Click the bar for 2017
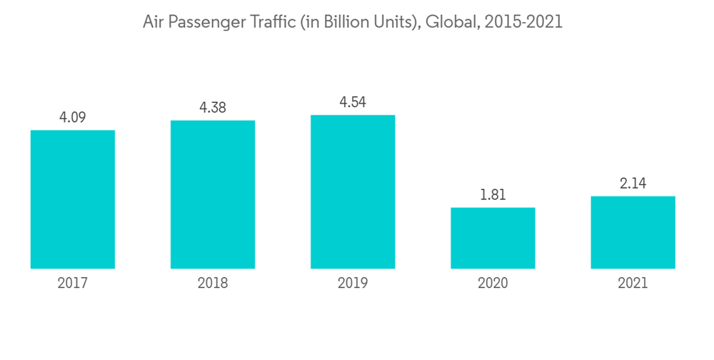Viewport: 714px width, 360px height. pyautogui.click(x=73, y=199)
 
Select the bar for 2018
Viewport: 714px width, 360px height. pyautogui.click(x=213, y=194)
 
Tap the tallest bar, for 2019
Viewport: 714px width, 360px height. pyautogui.click(x=353, y=191)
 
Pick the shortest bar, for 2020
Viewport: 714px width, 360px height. pyautogui.click(x=493, y=238)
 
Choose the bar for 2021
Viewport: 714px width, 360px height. pyautogui.click(x=633, y=232)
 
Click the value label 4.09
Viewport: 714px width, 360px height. pyautogui.click(x=73, y=117)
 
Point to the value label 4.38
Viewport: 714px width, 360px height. pyautogui.click(x=213, y=107)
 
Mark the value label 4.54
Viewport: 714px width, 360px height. pyautogui.click(x=353, y=102)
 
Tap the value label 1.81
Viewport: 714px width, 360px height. pyautogui.click(x=493, y=194)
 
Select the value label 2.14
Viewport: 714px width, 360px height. pyautogui.click(x=633, y=183)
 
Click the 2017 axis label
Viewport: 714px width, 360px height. pyautogui.click(x=73, y=284)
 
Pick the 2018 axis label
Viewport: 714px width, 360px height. pyautogui.click(x=213, y=284)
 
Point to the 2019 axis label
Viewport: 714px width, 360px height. pyautogui.click(x=353, y=284)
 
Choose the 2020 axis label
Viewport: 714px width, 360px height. pyautogui.click(x=493, y=284)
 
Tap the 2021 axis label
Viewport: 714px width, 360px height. pyautogui.click(x=633, y=284)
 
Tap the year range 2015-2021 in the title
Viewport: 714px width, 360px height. pyautogui.click(x=523, y=22)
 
